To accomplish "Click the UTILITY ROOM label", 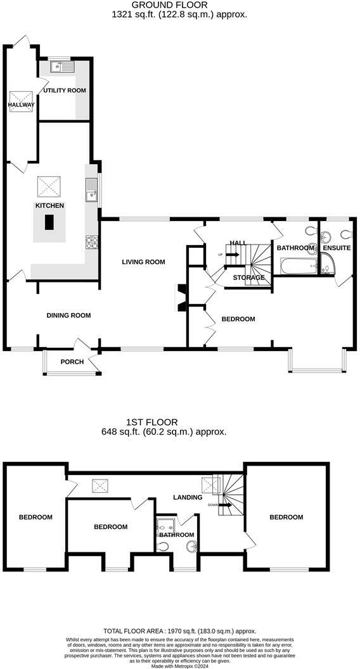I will (x=64, y=91).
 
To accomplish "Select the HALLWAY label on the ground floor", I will (x=21, y=105).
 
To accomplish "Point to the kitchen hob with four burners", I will (x=91, y=241).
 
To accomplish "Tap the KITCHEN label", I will (x=49, y=206).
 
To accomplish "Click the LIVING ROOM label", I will (x=143, y=262).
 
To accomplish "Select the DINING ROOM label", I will (x=68, y=315).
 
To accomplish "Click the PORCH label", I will (x=72, y=362).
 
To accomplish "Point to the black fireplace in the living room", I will (x=181, y=298).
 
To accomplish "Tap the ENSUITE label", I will (x=336, y=248).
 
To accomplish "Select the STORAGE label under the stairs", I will (x=248, y=277).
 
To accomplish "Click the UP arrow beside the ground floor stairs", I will (x=229, y=255).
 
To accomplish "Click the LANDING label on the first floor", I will (x=188, y=497).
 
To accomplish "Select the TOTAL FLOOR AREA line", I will (x=180, y=631).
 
